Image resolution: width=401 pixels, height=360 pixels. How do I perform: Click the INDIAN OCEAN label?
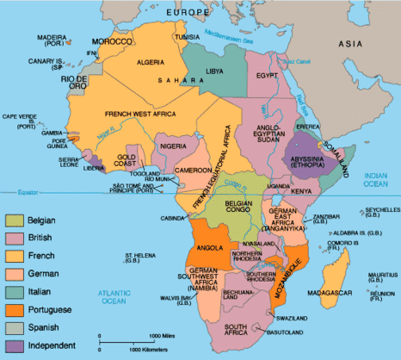tap(377, 178)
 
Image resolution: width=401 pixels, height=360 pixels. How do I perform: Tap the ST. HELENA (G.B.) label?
tap(139, 259)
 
